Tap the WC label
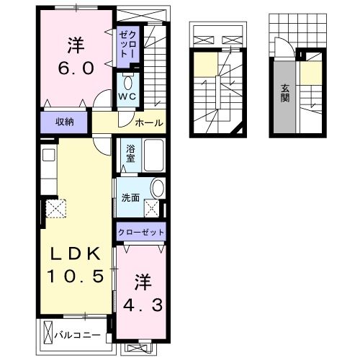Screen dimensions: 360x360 click(x=128, y=96)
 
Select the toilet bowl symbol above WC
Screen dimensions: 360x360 click(x=128, y=81)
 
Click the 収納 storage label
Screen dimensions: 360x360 click(x=65, y=121)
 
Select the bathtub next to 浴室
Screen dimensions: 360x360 click(x=155, y=155)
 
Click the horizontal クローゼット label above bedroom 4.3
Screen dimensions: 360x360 click(x=142, y=233)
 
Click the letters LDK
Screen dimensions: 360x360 click(x=76, y=254)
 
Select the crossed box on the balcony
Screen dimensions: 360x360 click(x=49, y=334)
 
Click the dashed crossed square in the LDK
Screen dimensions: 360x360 click(x=55, y=208)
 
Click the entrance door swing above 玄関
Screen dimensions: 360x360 click(x=286, y=49)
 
